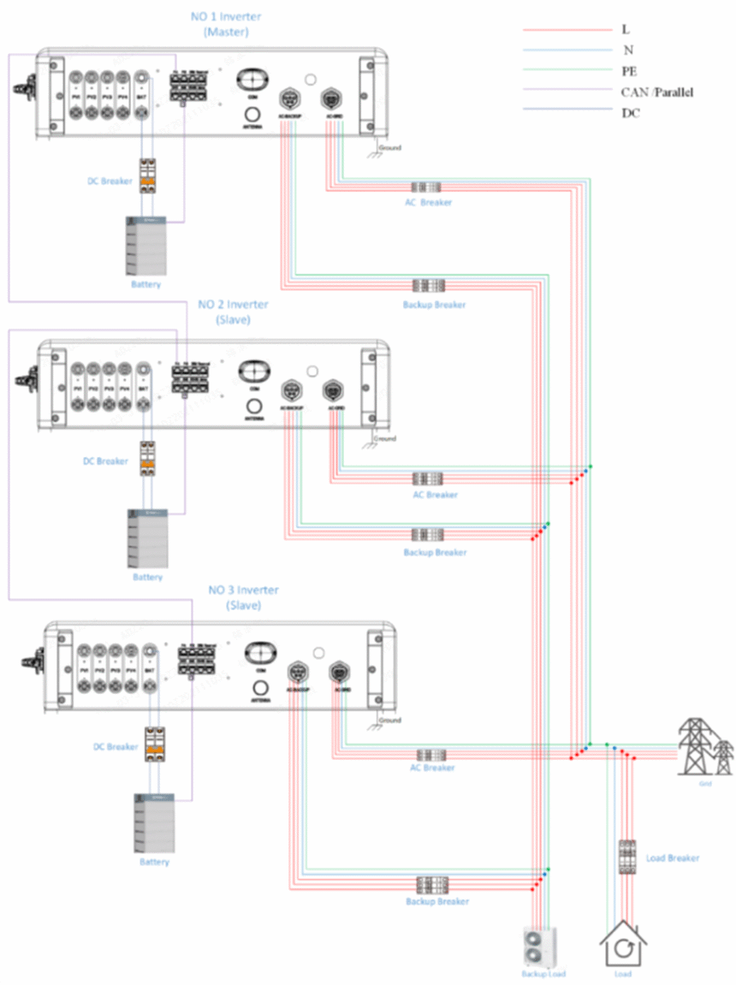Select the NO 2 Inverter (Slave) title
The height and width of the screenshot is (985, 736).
(x=233, y=312)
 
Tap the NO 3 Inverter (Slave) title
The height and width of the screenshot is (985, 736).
(x=244, y=597)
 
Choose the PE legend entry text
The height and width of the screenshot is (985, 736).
(x=629, y=71)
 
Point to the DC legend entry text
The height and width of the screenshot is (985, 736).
(x=630, y=112)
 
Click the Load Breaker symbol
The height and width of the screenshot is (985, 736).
(x=628, y=857)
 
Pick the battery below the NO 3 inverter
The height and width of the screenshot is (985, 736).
(x=153, y=822)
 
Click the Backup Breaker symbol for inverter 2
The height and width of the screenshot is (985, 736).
(x=427, y=535)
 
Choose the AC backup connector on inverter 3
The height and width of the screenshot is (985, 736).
(x=297, y=670)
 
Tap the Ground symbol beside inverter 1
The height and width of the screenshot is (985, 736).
(x=373, y=150)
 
